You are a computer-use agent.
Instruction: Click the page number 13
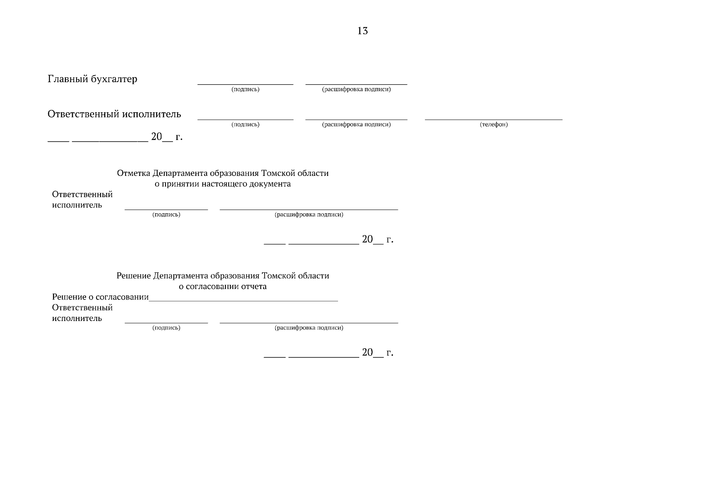point(363,31)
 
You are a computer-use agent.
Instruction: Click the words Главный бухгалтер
point(92,79)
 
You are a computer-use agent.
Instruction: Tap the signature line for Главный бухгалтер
point(245,84)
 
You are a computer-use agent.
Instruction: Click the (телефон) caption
point(494,124)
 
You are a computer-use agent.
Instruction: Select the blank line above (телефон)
point(494,119)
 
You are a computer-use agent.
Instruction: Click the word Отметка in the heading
point(133,173)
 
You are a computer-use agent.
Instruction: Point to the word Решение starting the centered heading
point(133,276)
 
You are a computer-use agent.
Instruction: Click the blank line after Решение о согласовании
point(243,301)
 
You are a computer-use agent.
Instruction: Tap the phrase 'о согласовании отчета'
point(222,286)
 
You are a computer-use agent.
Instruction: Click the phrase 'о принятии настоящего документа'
point(222,184)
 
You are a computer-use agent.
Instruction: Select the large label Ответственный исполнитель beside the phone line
point(114,114)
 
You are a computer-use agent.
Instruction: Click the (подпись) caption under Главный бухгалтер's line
point(245,89)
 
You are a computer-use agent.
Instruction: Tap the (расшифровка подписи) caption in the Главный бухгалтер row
point(356,89)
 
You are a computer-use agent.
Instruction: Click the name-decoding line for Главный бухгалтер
point(356,84)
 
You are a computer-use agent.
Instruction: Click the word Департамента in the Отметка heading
point(180,173)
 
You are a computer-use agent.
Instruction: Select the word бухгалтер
point(114,79)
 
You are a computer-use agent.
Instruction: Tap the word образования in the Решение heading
point(235,276)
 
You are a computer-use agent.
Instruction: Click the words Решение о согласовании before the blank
point(100,297)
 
